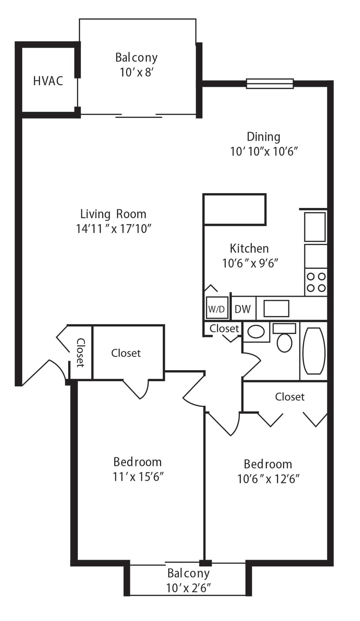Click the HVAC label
(48, 81)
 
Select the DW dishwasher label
(243, 309)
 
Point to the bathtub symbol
(314, 351)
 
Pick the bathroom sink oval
(256, 332)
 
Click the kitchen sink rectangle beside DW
(276, 309)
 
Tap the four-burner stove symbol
(316, 282)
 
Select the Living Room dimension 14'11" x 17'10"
(113, 229)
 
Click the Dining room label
(263, 137)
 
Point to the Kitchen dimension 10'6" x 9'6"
(250, 263)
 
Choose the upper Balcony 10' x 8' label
(136, 65)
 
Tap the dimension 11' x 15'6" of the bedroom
(138, 477)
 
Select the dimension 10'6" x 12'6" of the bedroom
(268, 479)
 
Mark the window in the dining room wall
(270, 83)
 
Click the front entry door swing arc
(58, 368)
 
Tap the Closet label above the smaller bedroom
(289, 397)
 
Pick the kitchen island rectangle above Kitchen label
(235, 210)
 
